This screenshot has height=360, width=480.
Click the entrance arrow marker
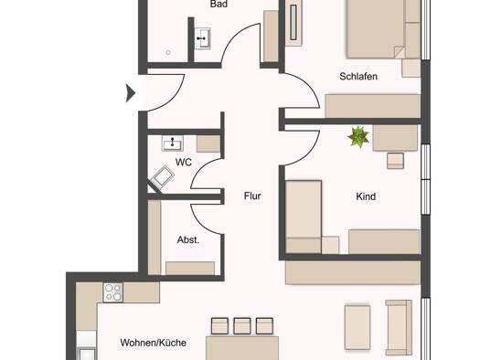pos(131,92)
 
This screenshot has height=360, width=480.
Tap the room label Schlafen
pos(358,76)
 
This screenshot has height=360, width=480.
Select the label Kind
pos(366,196)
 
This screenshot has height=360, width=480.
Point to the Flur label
pos(252,196)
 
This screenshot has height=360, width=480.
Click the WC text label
pos(184,162)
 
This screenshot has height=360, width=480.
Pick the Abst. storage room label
pos(188,239)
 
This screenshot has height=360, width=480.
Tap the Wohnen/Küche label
pos(153,343)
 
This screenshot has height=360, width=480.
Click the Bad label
pos(219,4)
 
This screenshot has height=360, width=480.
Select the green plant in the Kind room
pos(358,137)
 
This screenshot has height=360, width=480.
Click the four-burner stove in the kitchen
pos(113,292)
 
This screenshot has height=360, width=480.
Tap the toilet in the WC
pos(162,177)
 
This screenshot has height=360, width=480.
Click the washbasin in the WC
pos(173,143)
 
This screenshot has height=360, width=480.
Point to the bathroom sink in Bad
pos(202,38)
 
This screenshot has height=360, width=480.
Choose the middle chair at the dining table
pos(242,326)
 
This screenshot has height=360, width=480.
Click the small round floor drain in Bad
pos(168,53)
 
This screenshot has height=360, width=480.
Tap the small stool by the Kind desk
pos(395,161)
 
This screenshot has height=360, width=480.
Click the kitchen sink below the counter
pos(87,355)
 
